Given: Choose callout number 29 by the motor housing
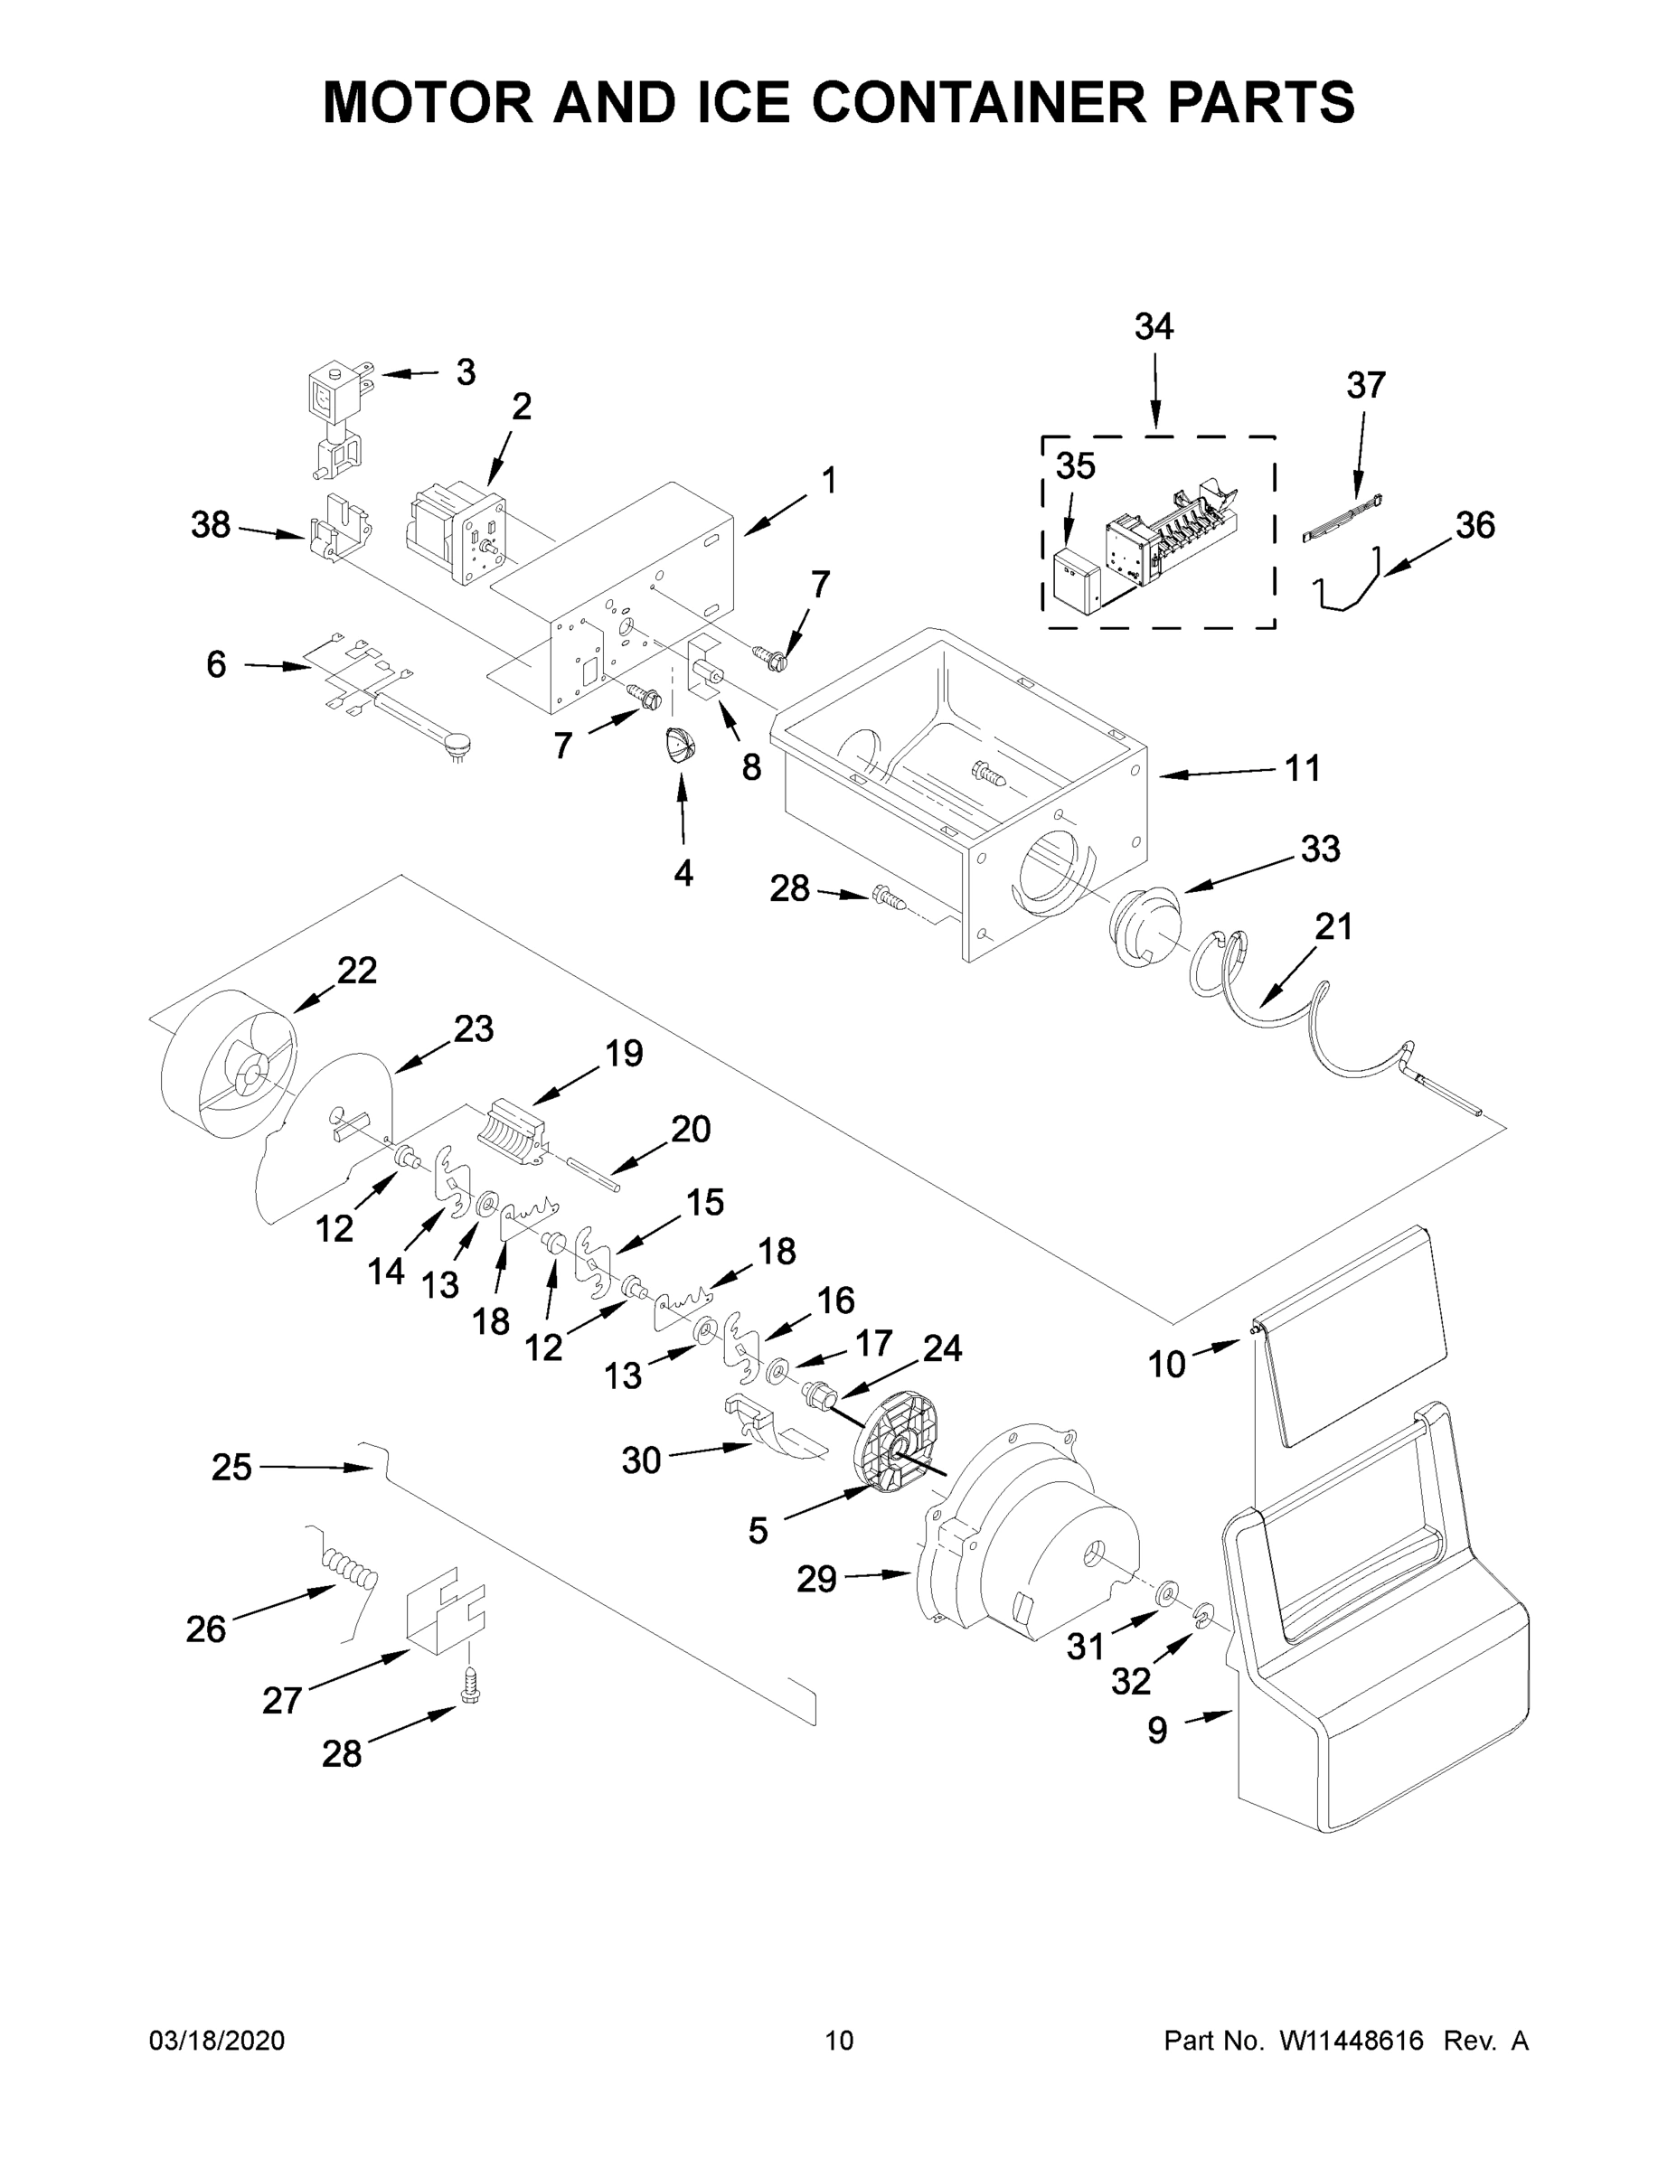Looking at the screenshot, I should point(815,1579).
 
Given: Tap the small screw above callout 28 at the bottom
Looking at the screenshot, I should point(470,1686).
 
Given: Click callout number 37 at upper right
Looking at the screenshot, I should point(1365,385).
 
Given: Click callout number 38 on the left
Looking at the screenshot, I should point(211,525).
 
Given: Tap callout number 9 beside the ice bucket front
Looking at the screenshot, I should point(1157,1731).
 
